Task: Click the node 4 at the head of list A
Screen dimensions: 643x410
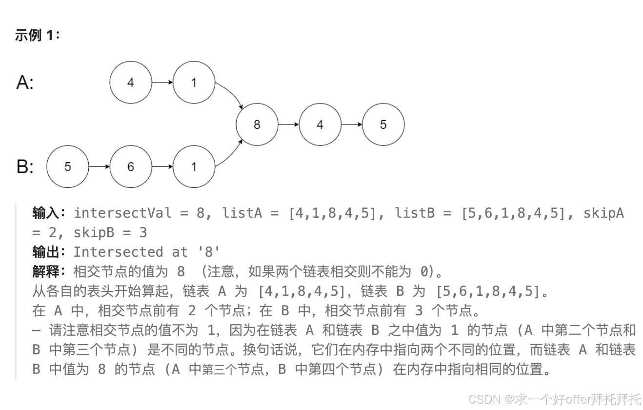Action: click(x=130, y=82)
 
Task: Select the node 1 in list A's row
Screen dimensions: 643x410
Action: click(x=194, y=82)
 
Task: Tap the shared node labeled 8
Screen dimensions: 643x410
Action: click(x=257, y=124)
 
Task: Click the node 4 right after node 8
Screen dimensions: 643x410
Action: click(x=320, y=124)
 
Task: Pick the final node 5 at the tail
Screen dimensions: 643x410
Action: click(x=383, y=124)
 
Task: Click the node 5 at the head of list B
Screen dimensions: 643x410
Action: click(x=67, y=166)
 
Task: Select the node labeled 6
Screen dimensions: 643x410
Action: click(x=130, y=166)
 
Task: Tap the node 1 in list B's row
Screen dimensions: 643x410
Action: click(x=194, y=166)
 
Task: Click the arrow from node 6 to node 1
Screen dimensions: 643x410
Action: click(x=162, y=166)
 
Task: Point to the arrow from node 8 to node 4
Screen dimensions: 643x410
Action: click(x=288, y=124)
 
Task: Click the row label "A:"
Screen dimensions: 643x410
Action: click(x=25, y=82)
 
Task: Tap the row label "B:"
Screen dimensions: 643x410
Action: click(x=25, y=167)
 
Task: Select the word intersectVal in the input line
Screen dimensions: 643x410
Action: click(x=122, y=213)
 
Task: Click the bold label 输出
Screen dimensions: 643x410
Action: click(x=46, y=252)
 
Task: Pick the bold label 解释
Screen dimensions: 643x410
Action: click(x=46, y=271)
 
